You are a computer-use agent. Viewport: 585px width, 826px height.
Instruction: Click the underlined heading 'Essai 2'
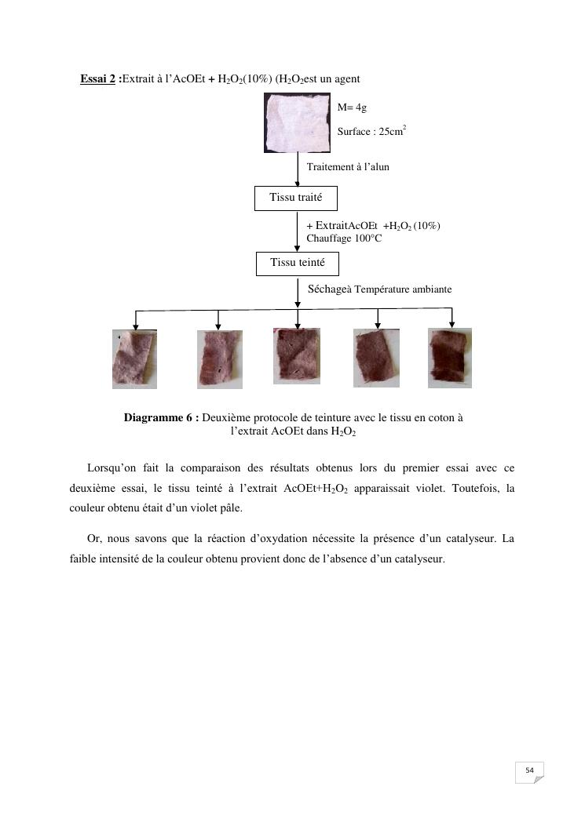tap(98, 78)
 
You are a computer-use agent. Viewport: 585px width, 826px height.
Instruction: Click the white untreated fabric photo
tap(298, 122)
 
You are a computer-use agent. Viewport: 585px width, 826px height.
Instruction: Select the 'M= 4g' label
tap(352, 107)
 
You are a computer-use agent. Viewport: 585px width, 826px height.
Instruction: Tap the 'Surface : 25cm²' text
tap(371, 131)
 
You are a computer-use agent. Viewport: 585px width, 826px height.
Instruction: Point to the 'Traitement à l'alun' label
tap(348, 167)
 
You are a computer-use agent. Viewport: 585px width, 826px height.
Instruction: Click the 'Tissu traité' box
tap(296, 198)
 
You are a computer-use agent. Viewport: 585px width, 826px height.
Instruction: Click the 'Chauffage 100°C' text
tap(344, 238)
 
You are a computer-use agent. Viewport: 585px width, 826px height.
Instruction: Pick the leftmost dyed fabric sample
tap(134, 359)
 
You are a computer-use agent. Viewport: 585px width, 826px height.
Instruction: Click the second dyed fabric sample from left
tap(219, 359)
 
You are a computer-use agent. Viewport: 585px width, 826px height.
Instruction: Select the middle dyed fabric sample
tap(297, 355)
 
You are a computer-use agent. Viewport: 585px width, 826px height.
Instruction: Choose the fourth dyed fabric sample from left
tap(376, 358)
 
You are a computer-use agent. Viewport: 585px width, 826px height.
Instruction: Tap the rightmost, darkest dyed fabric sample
tap(450, 358)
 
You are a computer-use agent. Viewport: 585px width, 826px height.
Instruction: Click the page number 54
tap(529, 771)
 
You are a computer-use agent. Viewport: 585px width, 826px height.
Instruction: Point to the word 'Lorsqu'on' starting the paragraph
tap(112, 468)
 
